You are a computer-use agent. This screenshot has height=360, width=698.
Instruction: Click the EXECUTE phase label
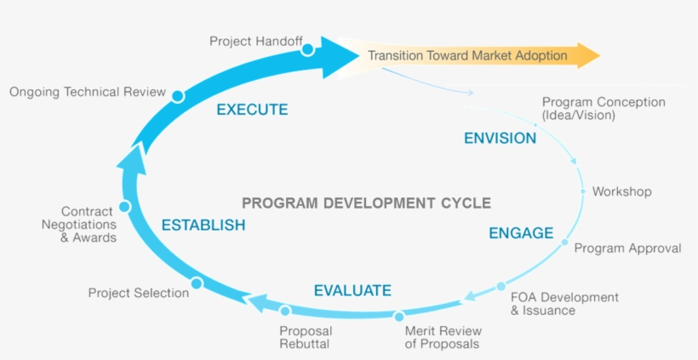[x=252, y=110]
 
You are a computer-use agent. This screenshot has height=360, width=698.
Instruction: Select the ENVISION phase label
[x=500, y=138]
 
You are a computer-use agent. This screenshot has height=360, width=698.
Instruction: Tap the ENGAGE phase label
[x=521, y=233]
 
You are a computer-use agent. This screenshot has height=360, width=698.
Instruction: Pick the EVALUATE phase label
[x=352, y=290]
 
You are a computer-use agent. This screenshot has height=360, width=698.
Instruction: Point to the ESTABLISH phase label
[x=203, y=226]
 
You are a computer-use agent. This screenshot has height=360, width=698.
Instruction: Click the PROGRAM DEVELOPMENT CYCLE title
[x=366, y=203]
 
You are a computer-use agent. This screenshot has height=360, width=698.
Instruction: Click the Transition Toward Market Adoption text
[x=467, y=56]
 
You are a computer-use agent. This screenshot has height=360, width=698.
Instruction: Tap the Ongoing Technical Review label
[x=88, y=92]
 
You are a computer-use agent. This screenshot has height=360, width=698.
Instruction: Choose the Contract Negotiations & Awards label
[x=89, y=225]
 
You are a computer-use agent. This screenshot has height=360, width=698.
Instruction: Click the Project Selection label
[x=139, y=293]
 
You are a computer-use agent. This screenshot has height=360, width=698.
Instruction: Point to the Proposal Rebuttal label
[x=305, y=337]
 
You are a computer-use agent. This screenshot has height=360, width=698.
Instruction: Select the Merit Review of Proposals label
[x=443, y=337]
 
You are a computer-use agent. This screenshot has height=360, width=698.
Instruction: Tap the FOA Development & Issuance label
[x=564, y=304]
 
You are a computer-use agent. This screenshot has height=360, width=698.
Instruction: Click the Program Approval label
[x=627, y=249]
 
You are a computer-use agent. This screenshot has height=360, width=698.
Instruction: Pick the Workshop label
[x=621, y=191]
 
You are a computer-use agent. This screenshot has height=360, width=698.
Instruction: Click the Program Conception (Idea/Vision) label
[x=604, y=108]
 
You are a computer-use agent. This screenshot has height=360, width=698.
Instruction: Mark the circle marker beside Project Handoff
[x=307, y=49]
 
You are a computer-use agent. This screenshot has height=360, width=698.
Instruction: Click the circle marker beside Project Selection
[x=197, y=283]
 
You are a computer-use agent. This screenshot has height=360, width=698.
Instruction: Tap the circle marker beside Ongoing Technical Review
[x=177, y=96]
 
